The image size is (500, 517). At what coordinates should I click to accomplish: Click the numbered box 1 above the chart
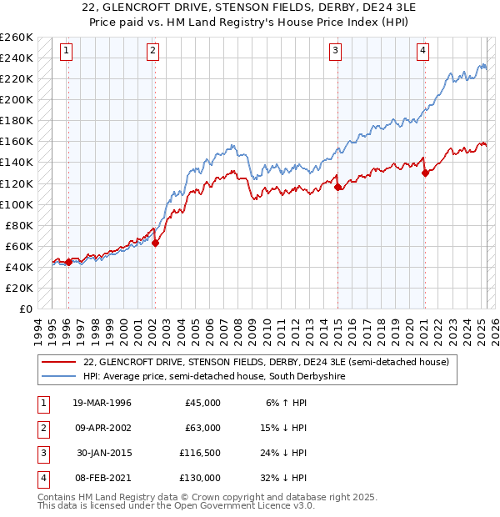pos(66,51)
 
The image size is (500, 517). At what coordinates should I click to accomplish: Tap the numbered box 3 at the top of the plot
pos(335,51)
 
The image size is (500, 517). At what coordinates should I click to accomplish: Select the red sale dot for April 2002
pos(155,243)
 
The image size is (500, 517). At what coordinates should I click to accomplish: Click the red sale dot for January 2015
pos(337,188)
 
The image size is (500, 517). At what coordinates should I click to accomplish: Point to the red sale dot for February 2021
pos(425,173)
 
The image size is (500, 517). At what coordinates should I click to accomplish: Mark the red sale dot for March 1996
pos(68,262)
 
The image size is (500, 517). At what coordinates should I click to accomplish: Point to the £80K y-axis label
pos(19,225)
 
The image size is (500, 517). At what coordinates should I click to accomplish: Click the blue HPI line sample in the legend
pos(58,376)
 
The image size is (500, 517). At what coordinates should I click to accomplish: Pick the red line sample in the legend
pos(58,362)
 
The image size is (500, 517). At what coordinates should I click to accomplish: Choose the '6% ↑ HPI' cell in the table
pos(287,403)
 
